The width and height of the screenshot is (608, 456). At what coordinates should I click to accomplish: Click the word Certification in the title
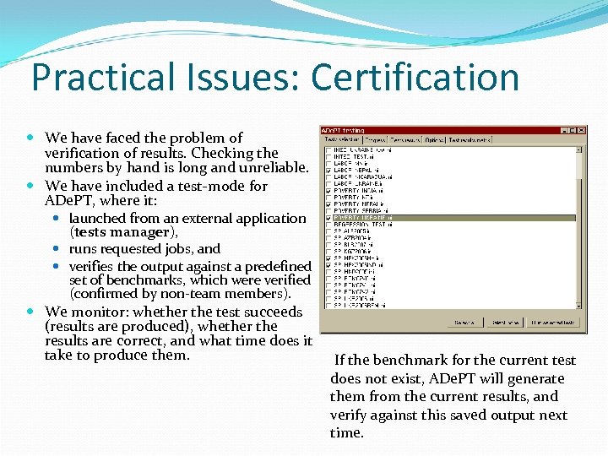(415, 78)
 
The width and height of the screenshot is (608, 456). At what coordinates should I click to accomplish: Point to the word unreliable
(270, 168)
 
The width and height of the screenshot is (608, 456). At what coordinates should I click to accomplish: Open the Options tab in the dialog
(434, 139)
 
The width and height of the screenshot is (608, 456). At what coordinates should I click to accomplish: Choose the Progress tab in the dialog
(375, 139)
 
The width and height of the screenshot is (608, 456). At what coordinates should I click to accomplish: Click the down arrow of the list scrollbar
(579, 304)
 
